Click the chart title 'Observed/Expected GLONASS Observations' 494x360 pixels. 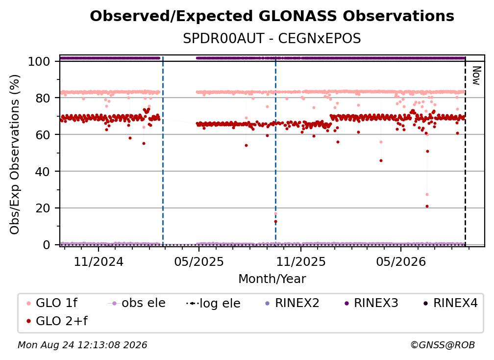(x=272, y=16)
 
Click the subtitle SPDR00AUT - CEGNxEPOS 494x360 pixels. (x=272, y=39)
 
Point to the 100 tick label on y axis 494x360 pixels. (x=39, y=61)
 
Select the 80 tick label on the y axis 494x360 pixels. (x=43, y=98)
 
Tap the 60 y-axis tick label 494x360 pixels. (x=43, y=134)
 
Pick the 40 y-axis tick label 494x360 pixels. (x=43, y=172)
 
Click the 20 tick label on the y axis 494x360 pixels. (x=43, y=208)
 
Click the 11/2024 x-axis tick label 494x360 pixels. (x=99, y=261)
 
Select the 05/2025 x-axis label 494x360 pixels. (x=199, y=261)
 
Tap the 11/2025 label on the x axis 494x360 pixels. (x=301, y=261)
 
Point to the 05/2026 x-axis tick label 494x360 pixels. (x=401, y=261)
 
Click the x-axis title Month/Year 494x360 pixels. (x=272, y=279)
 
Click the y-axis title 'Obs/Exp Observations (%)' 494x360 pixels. (x=15, y=154)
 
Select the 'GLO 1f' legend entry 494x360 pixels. (x=52, y=303)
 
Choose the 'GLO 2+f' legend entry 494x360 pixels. (x=57, y=321)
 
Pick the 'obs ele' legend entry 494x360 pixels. (x=137, y=303)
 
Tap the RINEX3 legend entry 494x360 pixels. (x=371, y=303)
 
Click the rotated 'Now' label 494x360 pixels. (x=476, y=76)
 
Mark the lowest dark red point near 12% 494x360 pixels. (x=275, y=222)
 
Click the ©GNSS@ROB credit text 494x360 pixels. (x=443, y=345)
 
